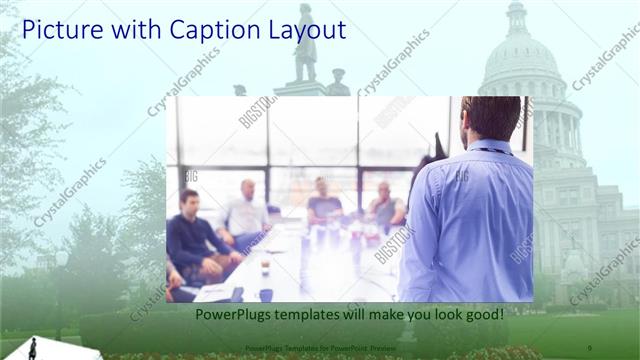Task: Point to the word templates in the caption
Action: coord(310,314)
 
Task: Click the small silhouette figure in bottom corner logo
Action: coord(33,348)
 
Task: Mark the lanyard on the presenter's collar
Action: coord(492,151)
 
